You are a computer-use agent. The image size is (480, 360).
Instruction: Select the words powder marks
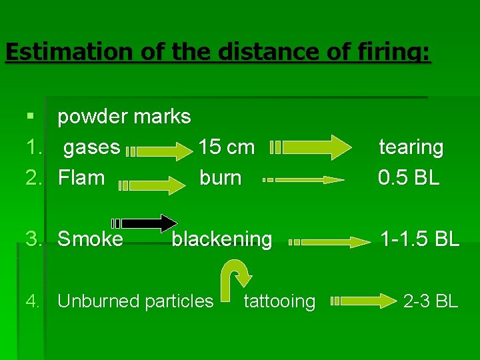124,117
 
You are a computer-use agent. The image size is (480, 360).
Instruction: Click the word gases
91,147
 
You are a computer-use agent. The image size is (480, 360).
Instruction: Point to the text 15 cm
226,147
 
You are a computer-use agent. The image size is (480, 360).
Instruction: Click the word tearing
411,147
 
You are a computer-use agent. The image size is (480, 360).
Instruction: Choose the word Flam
81,178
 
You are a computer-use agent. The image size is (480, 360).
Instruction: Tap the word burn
221,178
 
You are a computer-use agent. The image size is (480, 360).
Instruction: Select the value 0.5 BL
409,178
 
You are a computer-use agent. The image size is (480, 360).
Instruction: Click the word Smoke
90,239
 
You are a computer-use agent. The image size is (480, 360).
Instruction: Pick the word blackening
222,239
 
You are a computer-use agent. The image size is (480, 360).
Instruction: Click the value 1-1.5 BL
419,239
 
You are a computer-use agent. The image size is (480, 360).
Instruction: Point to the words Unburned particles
135,301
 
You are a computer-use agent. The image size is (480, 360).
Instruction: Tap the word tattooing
279,301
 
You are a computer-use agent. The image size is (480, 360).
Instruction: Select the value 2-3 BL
431,301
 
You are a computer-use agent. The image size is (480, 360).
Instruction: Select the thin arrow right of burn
304,179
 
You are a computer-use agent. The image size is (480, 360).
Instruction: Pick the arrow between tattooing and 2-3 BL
363,301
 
